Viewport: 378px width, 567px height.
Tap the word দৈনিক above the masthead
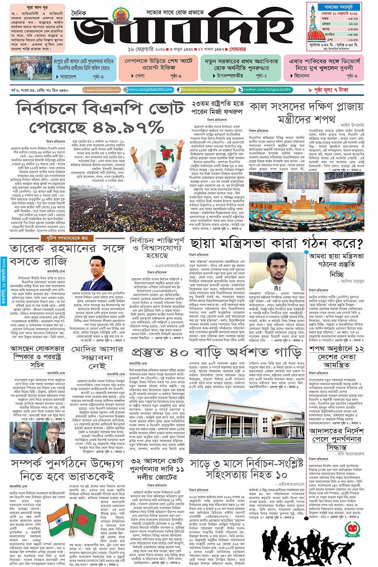tap(79, 14)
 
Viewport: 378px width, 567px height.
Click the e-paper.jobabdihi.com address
tap(101, 90)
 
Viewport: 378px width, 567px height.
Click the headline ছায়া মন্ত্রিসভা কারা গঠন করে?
tap(276, 244)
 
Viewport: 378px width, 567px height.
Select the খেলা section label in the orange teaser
tap(140, 76)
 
